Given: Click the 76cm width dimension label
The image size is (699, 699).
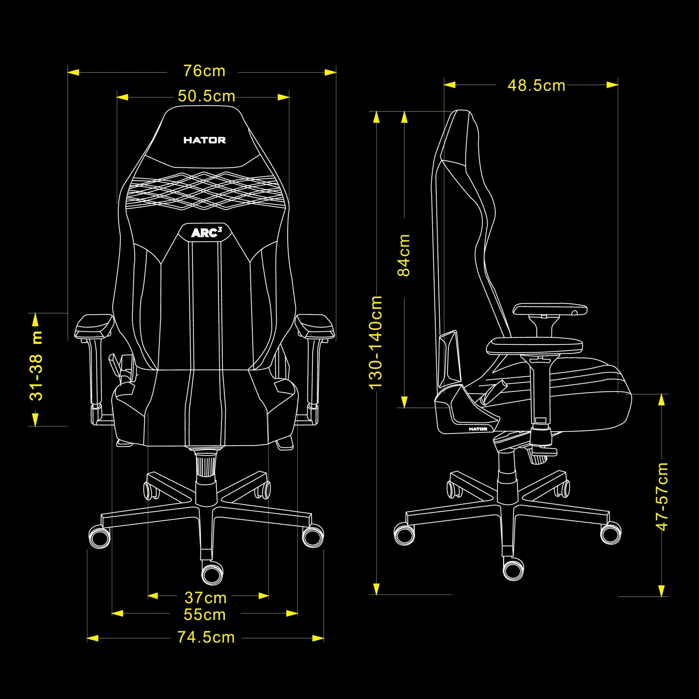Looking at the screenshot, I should (204, 71).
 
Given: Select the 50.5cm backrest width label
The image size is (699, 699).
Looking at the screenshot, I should (206, 96).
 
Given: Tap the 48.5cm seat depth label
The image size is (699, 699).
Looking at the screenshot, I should (536, 86).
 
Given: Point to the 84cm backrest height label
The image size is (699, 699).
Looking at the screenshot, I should (404, 255).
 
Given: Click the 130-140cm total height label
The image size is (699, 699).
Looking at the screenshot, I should (376, 342).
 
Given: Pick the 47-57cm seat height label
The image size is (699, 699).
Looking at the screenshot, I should (662, 496).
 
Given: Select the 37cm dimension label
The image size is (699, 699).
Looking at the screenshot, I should (206, 598).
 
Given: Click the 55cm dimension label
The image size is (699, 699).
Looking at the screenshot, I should (205, 615).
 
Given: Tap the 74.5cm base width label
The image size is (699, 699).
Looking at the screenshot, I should (206, 637).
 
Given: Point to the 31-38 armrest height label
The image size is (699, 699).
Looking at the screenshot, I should (36, 366).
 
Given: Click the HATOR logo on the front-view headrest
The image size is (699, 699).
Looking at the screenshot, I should (204, 140).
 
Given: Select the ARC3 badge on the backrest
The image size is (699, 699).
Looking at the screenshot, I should (206, 233).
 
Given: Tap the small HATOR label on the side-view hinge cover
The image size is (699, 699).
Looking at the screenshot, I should (478, 429).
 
